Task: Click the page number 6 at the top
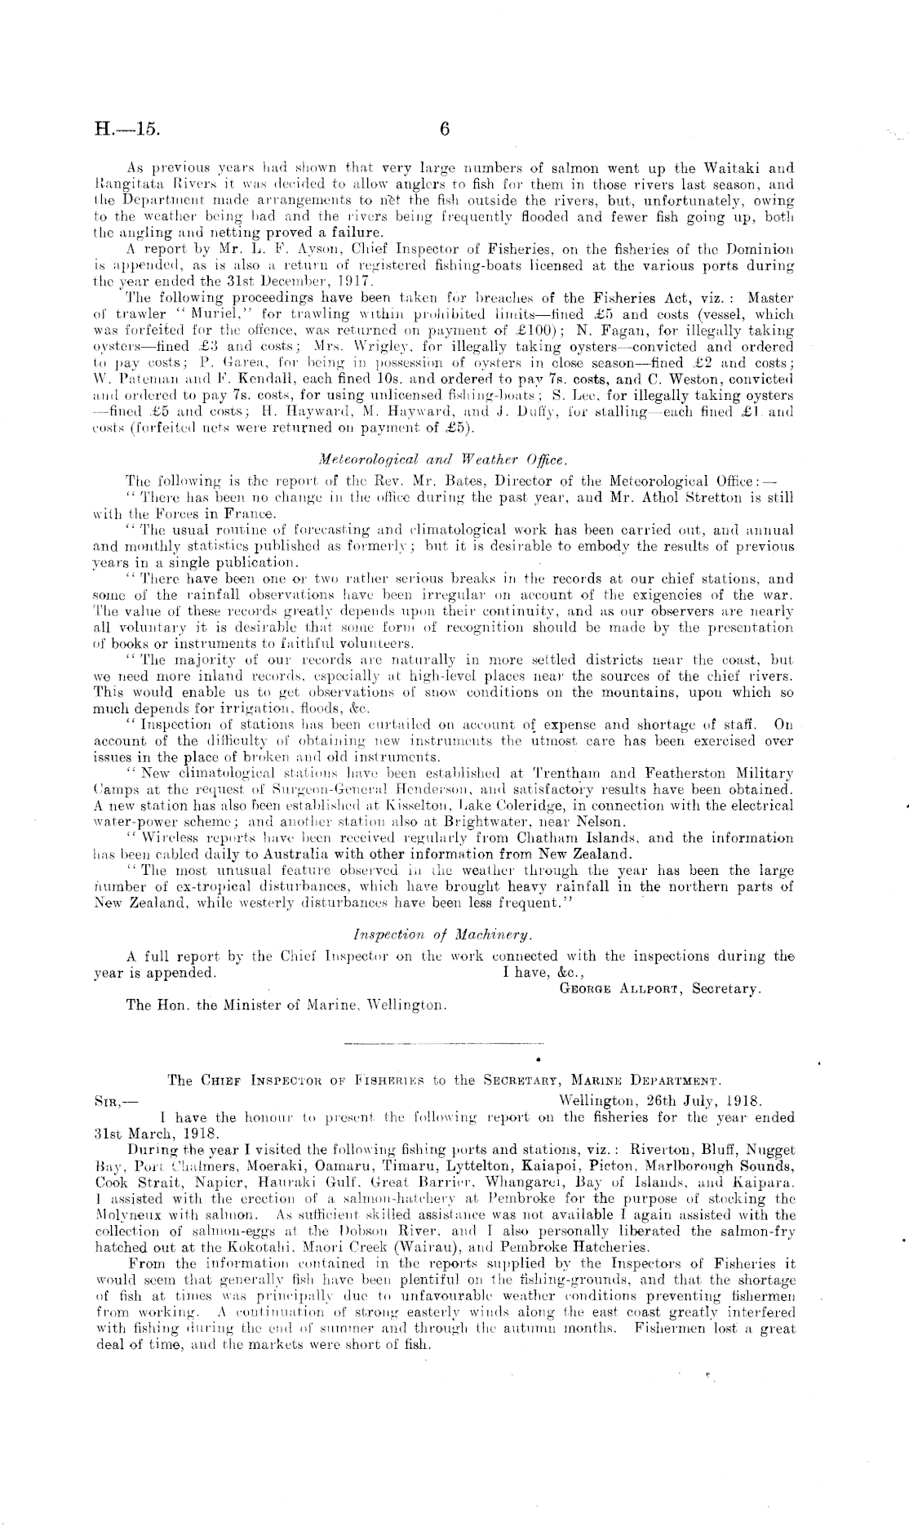coord(445,129)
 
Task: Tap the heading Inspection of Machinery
coord(444,934)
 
